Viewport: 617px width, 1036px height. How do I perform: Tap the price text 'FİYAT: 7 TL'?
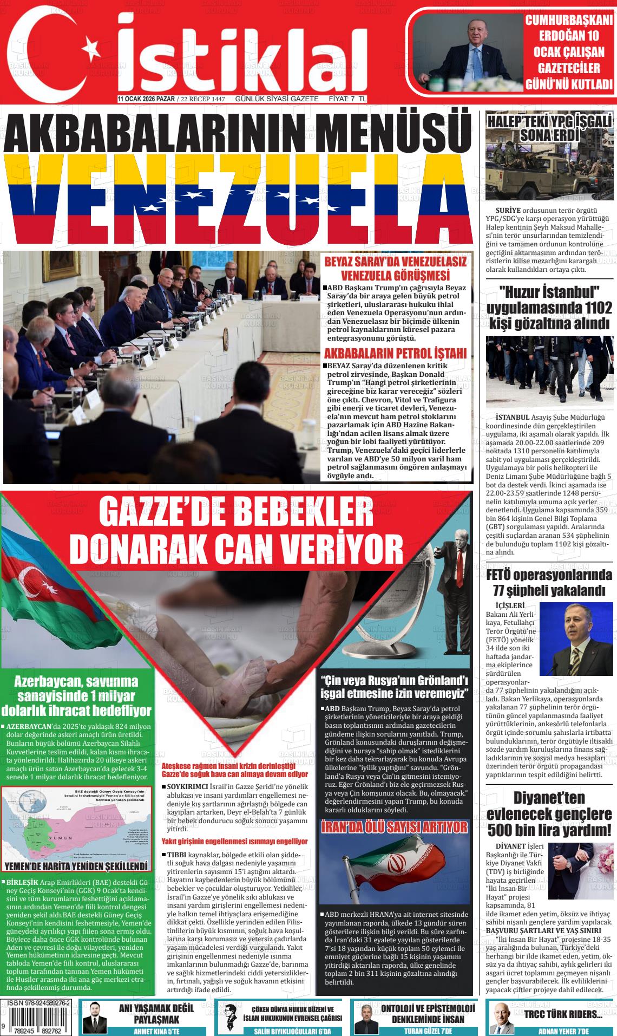point(348,99)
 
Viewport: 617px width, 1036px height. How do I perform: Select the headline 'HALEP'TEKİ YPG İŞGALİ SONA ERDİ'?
point(549,127)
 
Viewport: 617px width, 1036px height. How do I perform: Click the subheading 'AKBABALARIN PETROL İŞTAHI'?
point(395,354)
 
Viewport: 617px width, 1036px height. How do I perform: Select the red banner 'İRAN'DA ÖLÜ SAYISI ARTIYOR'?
point(394,827)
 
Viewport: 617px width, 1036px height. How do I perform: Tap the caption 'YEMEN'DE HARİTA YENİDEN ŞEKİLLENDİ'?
point(76,866)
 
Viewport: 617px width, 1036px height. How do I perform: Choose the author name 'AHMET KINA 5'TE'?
point(156,1031)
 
